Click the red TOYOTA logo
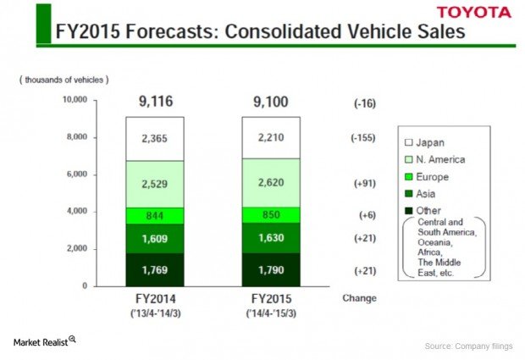pos(474,12)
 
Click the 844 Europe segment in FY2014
pos(154,215)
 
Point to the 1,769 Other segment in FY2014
pos(154,270)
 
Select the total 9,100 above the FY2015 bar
pos(270,102)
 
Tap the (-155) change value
pos(365,138)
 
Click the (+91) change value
pos(365,182)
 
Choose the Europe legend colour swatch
pos(408,176)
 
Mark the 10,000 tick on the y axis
pos(75,100)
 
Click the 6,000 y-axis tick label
pos(77,174)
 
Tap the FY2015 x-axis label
pos(270,298)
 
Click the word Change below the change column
pos(359,298)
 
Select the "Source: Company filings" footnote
pos(467,346)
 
